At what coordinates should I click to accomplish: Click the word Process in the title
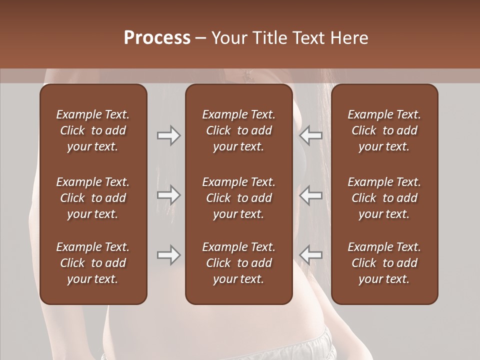point(157,37)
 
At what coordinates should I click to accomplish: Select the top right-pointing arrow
point(168,135)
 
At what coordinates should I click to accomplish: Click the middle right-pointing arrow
point(168,194)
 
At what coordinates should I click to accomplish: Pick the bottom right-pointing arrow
point(168,255)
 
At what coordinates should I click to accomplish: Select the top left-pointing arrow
point(311,135)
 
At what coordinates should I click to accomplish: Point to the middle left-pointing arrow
point(311,194)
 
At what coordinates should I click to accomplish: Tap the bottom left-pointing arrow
point(311,255)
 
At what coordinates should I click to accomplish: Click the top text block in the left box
point(93,130)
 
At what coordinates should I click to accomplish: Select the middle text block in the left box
point(93,198)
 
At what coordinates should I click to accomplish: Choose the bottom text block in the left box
point(93,263)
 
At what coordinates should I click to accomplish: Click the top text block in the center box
point(238,130)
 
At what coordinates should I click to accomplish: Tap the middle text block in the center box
point(238,198)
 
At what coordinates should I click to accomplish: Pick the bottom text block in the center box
point(238,263)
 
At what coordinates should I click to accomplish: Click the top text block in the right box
point(384,130)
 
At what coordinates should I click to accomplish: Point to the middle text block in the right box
point(384,198)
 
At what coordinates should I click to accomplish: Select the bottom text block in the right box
point(384,263)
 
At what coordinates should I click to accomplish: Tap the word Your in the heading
point(228,37)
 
